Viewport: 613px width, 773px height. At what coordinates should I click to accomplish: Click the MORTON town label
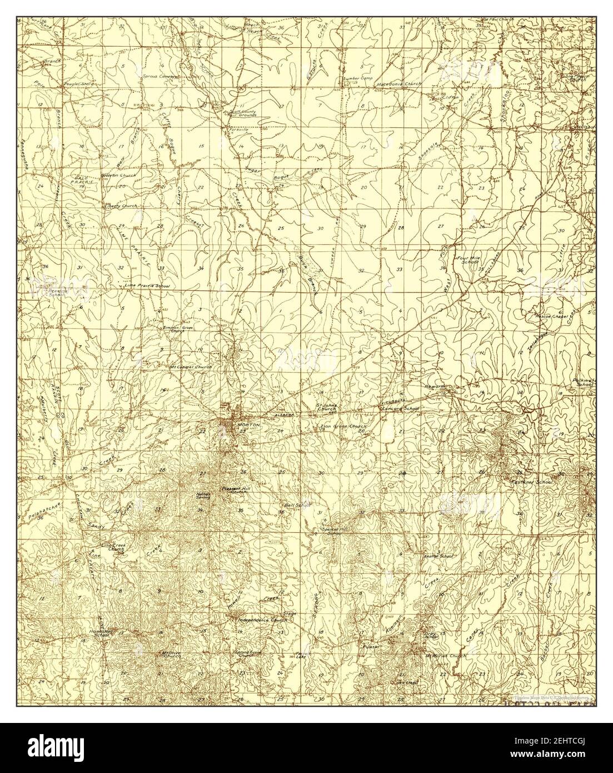pos(248,424)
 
